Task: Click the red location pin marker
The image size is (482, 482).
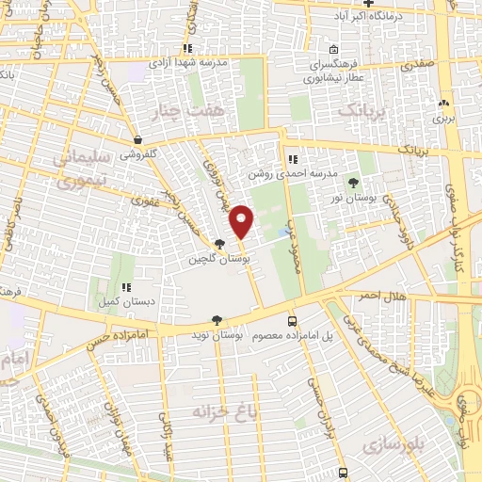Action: tap(242, 220)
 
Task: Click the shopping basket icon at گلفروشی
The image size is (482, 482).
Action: tap(137, 138)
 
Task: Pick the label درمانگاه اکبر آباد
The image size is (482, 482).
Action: tap(391, 17)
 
